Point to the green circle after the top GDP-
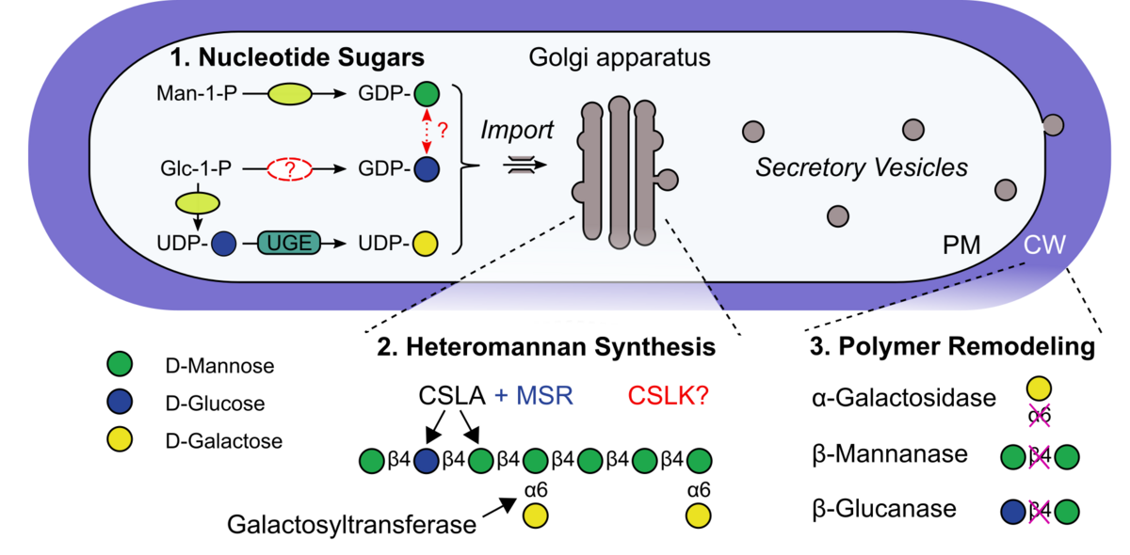(427, 95)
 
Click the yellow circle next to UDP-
(427, 244)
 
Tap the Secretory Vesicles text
(862, 168)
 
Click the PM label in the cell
(961, 246)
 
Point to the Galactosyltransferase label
(351, 524)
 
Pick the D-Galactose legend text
(223, 440)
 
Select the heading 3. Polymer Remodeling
(951, 346)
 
